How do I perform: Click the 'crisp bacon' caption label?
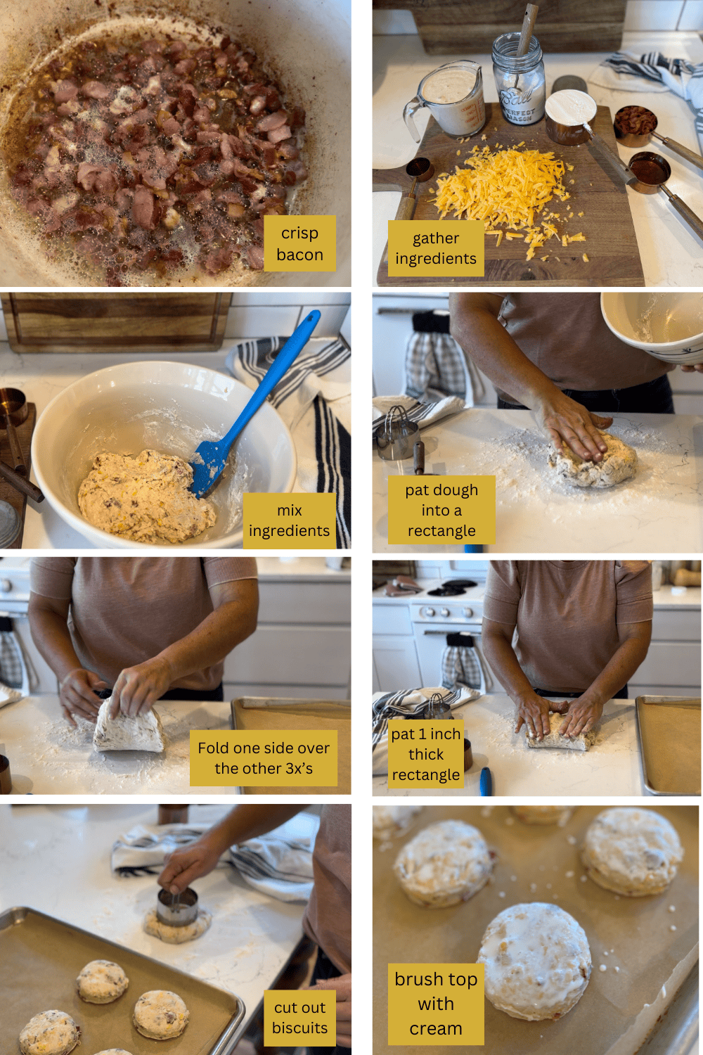[299, 243]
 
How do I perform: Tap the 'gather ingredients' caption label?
[435, 248]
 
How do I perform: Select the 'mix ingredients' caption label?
[289, 520]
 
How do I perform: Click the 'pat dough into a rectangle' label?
[441, 510]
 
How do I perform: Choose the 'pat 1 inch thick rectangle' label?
[426, 754]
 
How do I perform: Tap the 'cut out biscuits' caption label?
[299, 1018]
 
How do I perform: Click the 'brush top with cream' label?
[436, 1004]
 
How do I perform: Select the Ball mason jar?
[519, 81]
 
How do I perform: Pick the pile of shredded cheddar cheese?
[503, 190]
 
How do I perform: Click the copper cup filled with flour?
[570, 116]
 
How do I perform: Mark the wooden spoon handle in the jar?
[527, 28]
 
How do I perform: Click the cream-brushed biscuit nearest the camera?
[534, 960]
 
